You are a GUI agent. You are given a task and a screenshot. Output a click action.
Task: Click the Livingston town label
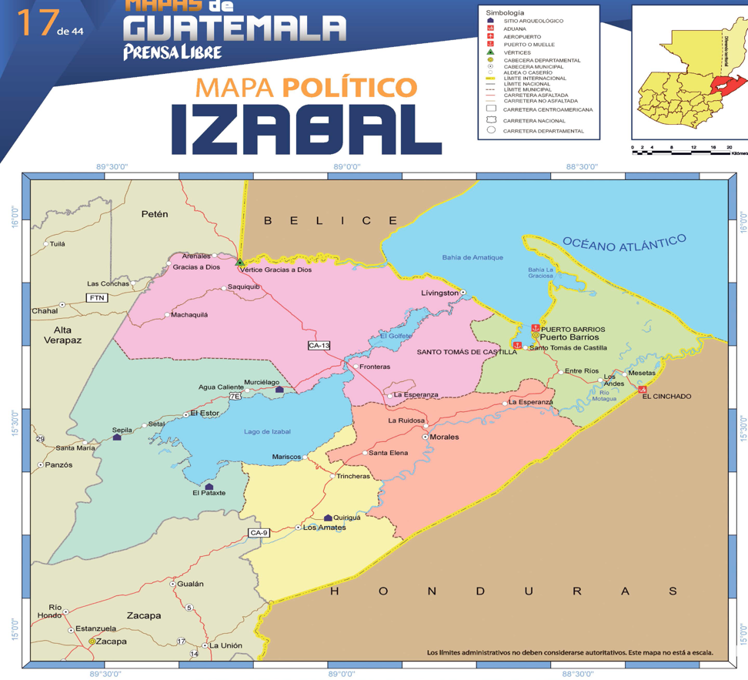(439, 293)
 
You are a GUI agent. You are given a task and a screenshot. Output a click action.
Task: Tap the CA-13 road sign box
(319, 346)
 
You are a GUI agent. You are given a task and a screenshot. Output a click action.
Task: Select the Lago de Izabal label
(267, 431)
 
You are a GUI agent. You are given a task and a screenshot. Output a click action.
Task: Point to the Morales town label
(444, 437)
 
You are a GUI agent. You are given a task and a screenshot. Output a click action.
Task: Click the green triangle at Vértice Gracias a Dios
(240, 263)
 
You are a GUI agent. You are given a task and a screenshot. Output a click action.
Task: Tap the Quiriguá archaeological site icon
(329, 518)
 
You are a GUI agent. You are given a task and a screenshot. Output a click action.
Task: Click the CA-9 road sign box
(259, 533)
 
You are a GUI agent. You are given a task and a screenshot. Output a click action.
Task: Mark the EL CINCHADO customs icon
(643, 390)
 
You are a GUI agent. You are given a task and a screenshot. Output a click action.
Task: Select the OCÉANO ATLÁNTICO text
(623, 243)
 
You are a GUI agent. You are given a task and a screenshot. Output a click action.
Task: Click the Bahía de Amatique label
(473, 257)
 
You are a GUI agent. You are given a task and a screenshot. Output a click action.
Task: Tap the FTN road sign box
(96, 297)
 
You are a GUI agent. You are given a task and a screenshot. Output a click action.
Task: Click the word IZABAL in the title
(306, 128)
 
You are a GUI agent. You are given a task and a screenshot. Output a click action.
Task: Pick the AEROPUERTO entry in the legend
(522, 36)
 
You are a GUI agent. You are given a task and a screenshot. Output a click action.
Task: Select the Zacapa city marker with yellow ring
(92, 641)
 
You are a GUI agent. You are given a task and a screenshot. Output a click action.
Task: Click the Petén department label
(155, 214)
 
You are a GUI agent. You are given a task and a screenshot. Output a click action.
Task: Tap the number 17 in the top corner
(34, 24)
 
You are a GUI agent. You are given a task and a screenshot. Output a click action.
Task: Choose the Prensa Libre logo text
(172, 52)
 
